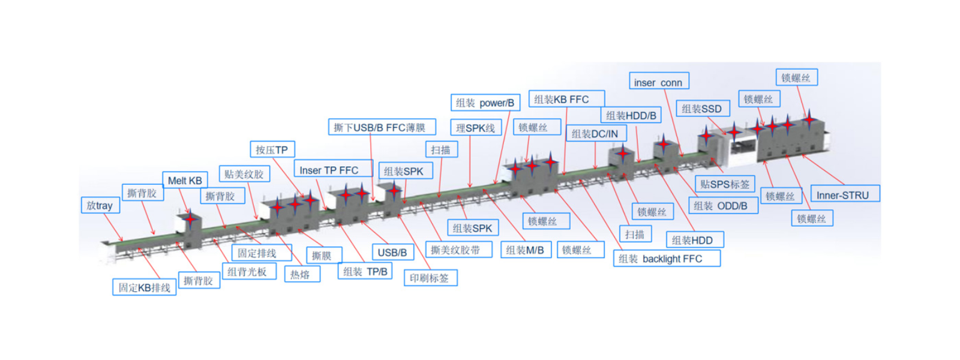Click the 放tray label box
tap(100, 205)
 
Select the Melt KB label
tap(185, 181)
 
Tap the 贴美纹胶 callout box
tap(244, 174)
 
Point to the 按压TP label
tap(272, 149)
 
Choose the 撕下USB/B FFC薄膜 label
tap(382, 127)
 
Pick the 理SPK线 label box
tap(476, 128)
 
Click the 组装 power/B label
tap(485, 103)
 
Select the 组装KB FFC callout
tap(566, 99)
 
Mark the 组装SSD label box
tap(703, 109)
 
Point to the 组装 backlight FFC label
tap(667, 259)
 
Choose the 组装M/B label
tap(526, 250)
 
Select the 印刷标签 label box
tap(430, 278)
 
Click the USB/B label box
tap(393, 252)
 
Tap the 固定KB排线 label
tap(145, 287)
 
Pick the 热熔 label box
tap(302, 274)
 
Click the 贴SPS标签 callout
tap(725, 184)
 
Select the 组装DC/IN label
tap(596, 133)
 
